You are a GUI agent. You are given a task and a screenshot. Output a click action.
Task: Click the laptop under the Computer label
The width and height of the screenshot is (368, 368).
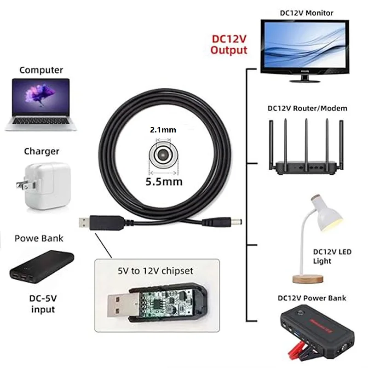click(41, 104)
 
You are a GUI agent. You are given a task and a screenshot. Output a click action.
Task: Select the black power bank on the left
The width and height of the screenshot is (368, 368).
click(42, 267)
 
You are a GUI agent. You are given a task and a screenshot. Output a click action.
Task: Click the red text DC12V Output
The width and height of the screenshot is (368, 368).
click(229, 45)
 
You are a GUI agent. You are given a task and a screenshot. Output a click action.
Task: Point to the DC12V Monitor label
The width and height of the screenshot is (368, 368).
click(306, 13)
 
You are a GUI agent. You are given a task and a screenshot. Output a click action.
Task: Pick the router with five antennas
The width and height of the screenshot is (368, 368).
click(306, 146)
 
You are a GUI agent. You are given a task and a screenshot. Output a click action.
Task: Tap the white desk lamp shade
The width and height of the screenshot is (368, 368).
click(326, 212)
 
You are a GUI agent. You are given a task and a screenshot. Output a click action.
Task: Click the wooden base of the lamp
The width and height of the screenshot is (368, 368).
click(308, 279)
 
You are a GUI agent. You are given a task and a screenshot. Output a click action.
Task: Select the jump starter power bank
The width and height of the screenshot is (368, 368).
click(317, 331)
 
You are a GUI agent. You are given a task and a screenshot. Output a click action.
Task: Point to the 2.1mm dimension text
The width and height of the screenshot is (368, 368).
click(163, 130)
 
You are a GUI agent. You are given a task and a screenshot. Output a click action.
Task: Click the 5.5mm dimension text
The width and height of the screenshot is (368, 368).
click(164, 182)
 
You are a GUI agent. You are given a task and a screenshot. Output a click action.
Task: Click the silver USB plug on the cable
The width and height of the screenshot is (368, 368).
click(84, 223)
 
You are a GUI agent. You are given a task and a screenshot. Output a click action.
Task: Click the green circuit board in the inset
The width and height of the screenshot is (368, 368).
click(166, 303)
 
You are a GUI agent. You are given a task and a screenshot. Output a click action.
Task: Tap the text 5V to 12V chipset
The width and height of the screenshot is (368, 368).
click(155, 271)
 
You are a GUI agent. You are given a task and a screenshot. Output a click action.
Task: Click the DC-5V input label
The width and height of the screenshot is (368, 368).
click(43, 304)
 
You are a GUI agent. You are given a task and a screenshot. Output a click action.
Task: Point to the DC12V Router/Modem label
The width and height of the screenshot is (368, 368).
click(307, 108)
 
